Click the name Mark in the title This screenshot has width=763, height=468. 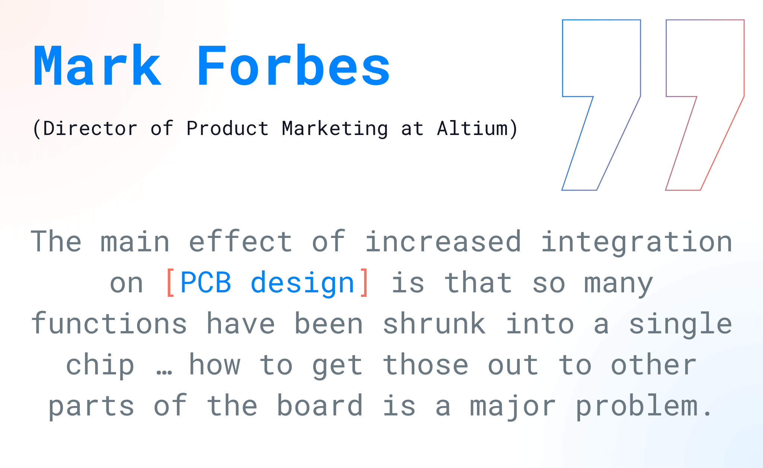(98, 66)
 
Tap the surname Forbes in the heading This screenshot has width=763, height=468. (294, 66)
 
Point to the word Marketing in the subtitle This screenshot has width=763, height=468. (335, 128)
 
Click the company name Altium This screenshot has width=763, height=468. (472, 128)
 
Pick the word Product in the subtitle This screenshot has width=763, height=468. (227, 128)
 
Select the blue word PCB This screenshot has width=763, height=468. (206, 282)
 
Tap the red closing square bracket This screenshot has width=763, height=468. (364, 282)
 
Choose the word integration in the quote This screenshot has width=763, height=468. (637, 242)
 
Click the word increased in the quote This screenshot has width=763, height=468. (443, 241)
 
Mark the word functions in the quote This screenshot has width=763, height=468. (109, 323)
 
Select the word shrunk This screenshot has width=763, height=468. (434, 323)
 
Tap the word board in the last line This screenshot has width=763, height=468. (320, 405)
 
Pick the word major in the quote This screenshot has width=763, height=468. (513, 406)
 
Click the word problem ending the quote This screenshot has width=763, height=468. (637, 406)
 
